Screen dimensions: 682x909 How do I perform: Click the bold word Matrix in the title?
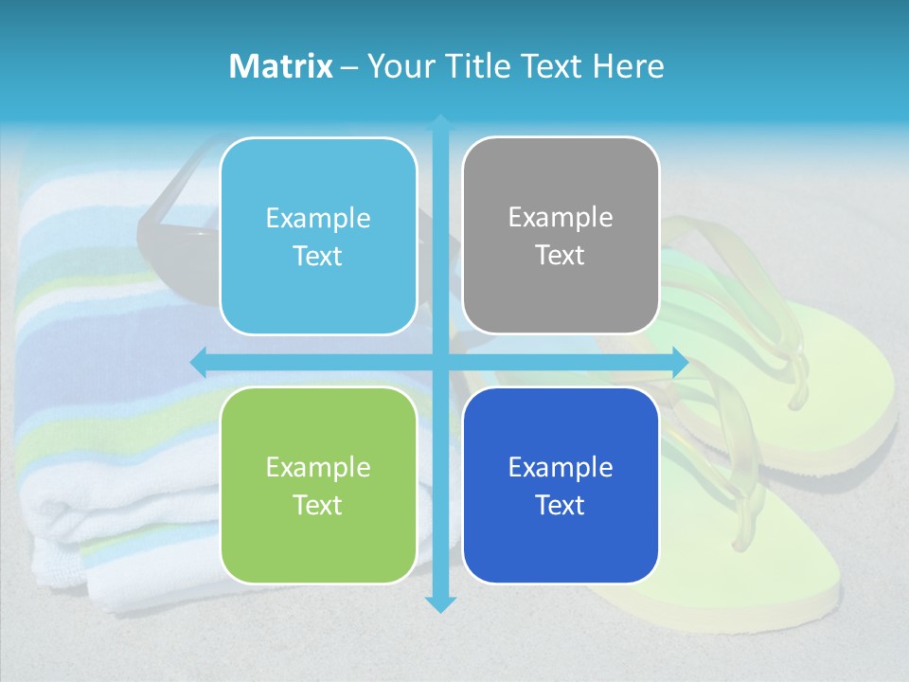[281, 66]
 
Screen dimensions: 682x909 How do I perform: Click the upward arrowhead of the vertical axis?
[440, 121]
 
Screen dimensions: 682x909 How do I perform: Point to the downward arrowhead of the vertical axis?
[440, 604]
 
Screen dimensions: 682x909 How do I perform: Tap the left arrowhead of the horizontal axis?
[198, 362]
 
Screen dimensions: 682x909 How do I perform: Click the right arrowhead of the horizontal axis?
[680, 362]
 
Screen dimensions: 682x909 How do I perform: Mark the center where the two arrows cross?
[440, 362]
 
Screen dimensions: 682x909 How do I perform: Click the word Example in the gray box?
[561, 218]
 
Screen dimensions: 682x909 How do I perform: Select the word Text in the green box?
[318, 505]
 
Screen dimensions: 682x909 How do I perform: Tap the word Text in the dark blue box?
[561, 505]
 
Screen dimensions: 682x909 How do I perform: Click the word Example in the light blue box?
[318, 219]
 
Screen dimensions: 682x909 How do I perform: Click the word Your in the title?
[395, 66]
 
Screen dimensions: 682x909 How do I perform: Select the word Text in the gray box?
[561, 256]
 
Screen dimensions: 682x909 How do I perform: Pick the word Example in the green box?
[318, 468]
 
